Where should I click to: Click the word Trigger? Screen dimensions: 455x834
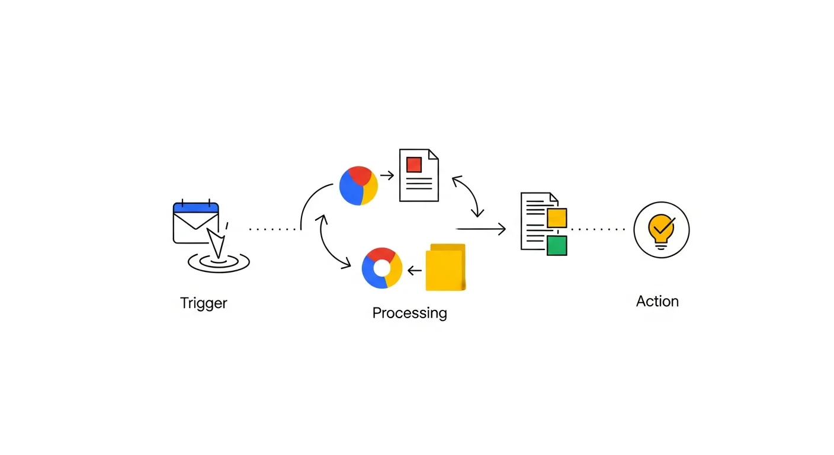204,303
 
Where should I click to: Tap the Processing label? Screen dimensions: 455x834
409,313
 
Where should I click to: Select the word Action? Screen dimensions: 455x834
657,301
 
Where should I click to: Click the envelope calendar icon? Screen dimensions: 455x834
196,225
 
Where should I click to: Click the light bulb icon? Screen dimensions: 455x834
661,230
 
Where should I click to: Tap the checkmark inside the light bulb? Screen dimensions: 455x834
662,225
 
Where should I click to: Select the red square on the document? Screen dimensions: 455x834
414,164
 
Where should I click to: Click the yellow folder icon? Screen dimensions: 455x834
445,268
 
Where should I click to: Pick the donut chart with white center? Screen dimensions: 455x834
382,268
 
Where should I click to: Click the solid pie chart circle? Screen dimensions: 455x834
358,185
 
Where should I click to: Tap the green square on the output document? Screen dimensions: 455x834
557,245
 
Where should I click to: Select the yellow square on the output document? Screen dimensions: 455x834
557,218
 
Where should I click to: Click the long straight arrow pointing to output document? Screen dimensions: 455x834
480,229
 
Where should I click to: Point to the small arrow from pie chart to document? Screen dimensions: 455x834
387,175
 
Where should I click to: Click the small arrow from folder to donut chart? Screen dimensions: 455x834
414,271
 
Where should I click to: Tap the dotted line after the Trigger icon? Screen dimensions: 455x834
272,229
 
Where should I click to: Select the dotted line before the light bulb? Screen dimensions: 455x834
598,229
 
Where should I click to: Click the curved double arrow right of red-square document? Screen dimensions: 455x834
469,196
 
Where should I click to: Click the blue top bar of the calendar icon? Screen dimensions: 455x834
196,208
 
